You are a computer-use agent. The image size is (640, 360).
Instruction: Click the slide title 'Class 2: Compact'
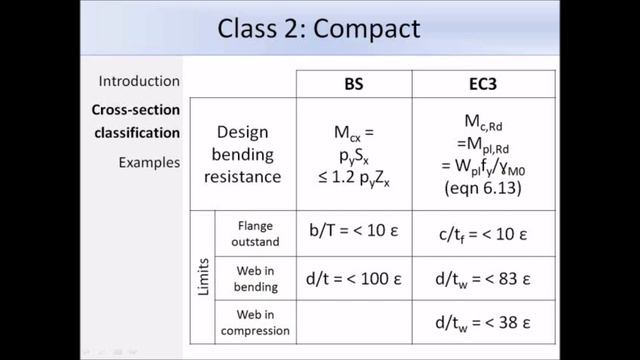click(x=319, y=28)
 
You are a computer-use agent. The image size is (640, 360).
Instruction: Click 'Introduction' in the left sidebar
click(x=139, y=81)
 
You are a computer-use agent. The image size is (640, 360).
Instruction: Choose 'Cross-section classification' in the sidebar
click(x=136, y=122)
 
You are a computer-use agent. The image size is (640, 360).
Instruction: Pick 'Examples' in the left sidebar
click(x=149, y=161)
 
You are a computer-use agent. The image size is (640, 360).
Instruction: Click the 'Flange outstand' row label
click(x=256, y=234)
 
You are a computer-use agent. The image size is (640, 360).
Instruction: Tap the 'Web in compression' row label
click(x=256, y=323)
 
